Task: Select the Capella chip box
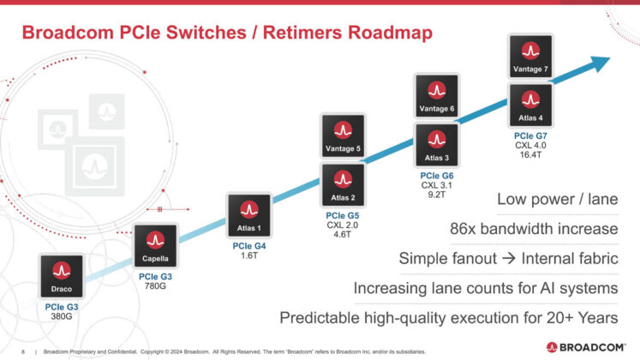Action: (x=154, y=246)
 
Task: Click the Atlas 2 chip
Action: (x=343, y=186)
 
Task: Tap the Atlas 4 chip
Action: (x=531, y=105)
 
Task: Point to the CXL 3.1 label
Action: (x=437, y=185)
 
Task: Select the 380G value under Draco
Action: (x=62, y=316)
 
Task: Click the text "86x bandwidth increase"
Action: (x=534, y=229)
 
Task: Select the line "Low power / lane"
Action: (x=557, y=200)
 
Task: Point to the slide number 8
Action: (x=23, y=351)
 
